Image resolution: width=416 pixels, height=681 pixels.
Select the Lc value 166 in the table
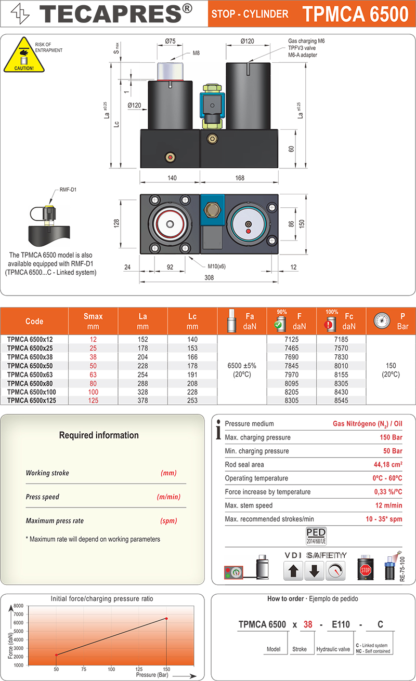[x=192, y=357]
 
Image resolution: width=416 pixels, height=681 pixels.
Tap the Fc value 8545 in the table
[x=342, y=400]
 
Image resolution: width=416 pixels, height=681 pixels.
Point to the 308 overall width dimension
[x=209, y=278]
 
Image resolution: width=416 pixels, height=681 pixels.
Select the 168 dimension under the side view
[x=240, y=178]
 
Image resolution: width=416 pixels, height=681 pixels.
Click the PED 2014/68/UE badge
[x=316, y=536]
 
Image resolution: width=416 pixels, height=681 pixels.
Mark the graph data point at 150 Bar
[x=166, y=618]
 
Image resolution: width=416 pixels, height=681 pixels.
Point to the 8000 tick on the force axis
[x=19, y=606]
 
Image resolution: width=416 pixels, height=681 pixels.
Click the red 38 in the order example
[x=308, y=624]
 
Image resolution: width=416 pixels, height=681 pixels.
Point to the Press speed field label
[x=43, y=497]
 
